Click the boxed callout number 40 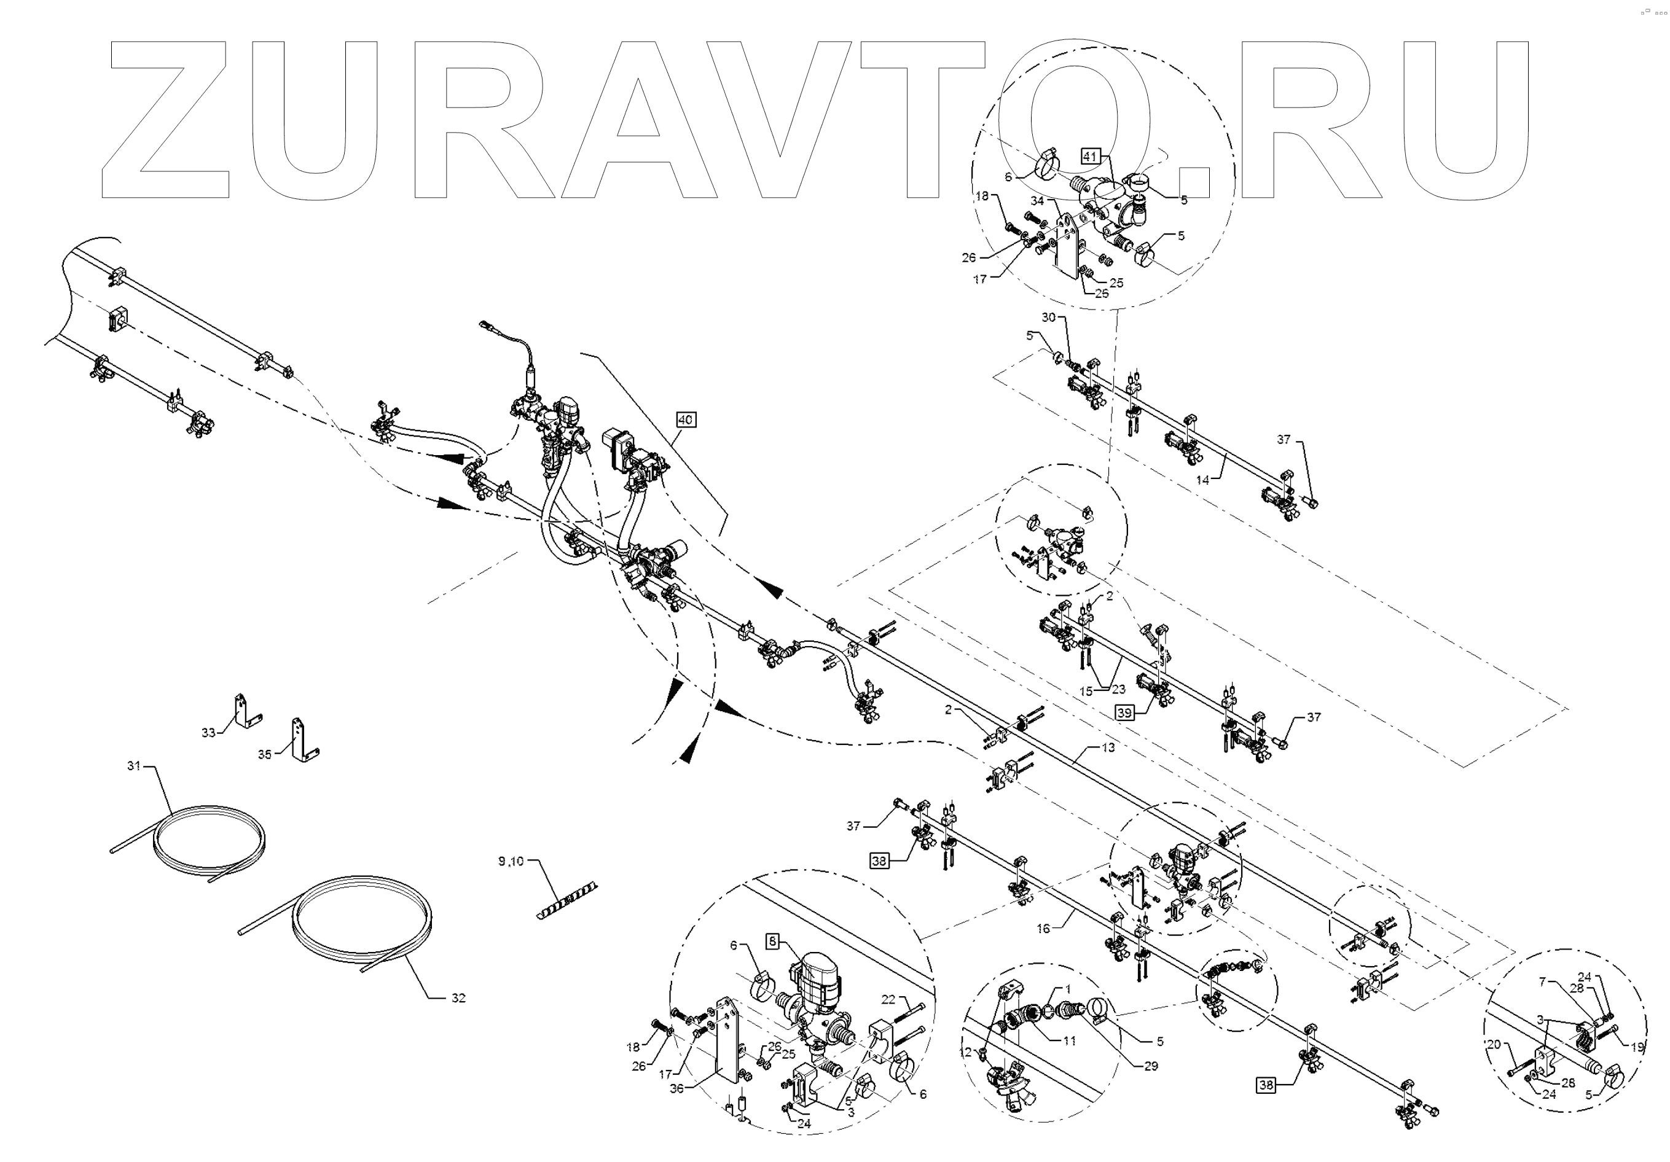coord(685,419)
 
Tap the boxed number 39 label coord(1124,712)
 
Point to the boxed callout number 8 coord(772,942)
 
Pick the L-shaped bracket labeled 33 coord(245,712)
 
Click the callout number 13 coord(1108,747)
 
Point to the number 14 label coord(1202,480)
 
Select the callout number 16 coord(1043,929)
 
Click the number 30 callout coord(1048,317)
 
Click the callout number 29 coord(1150,1066)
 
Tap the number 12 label coord(965,1051)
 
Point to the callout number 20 coord(1493,1044)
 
